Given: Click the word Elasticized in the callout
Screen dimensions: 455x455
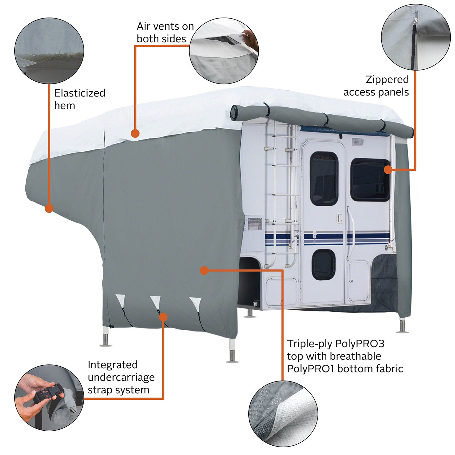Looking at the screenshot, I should [x=80, y=93].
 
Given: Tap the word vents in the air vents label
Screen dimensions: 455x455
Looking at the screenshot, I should [x=165, y=26].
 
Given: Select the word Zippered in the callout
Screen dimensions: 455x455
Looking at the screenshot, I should [x=387, y=80].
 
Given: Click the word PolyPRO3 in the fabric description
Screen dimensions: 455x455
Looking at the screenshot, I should [x=359, y=344].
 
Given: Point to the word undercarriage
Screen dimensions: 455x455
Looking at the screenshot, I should [x=121, y=377].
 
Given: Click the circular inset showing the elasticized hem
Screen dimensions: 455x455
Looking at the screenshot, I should [x=49, y=51].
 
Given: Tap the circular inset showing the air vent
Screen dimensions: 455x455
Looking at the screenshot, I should [x=224, y=51].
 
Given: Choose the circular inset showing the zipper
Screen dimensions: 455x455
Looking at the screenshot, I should [x=416, y=37].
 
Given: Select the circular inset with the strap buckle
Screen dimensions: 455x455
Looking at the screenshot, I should [x=49, y=397].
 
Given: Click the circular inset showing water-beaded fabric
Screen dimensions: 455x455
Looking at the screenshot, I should [x=283, y=414].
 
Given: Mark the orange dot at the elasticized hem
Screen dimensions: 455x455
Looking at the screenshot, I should [x=49, y=208].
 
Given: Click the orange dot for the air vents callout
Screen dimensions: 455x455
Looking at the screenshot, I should [x=135, y=133].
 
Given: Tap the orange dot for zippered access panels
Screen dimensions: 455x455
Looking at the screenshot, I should [x=388, y=170].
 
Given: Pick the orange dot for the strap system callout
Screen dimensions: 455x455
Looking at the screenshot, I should [x=163, y=317].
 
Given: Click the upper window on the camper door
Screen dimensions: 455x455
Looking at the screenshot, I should [x=324, y=178].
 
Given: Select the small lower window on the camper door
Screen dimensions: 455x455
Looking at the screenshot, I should [x=323, y=265].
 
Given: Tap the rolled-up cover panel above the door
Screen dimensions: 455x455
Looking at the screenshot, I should [x=322, y=118].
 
